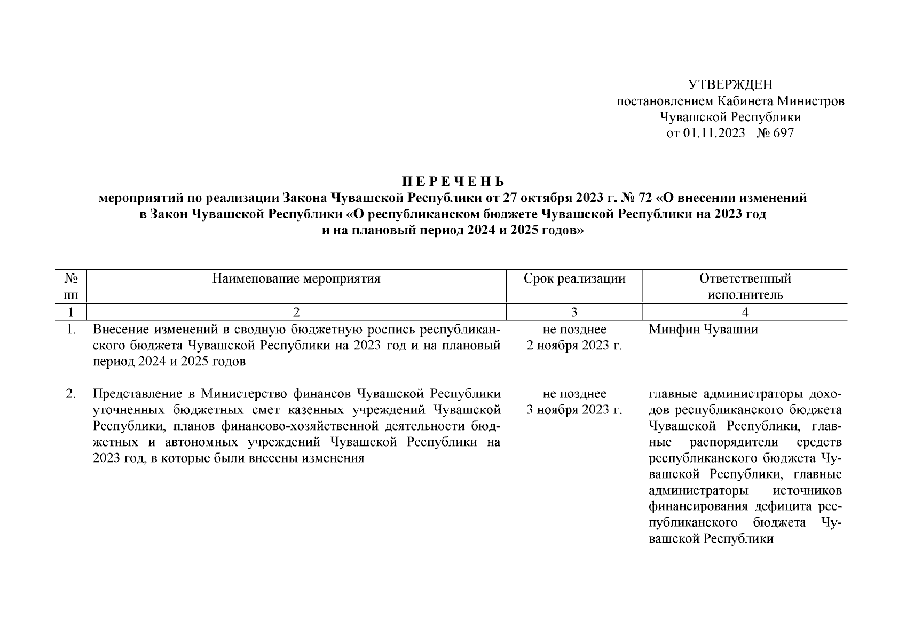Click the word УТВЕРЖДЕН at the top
(730, 84)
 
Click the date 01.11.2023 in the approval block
(714, 133)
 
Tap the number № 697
(775, 133)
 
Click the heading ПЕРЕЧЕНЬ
(453, 182)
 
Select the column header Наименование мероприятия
(296, 278)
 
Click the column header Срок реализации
(574, 278)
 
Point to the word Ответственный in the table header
(745, 278)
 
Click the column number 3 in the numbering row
(574, 312)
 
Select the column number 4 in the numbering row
(745, 312)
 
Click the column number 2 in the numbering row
(296, 312)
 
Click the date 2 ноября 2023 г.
(574, 346)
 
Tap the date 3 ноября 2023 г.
(574, 410)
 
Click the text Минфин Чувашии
(704, 330)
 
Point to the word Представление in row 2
(136, 394)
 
